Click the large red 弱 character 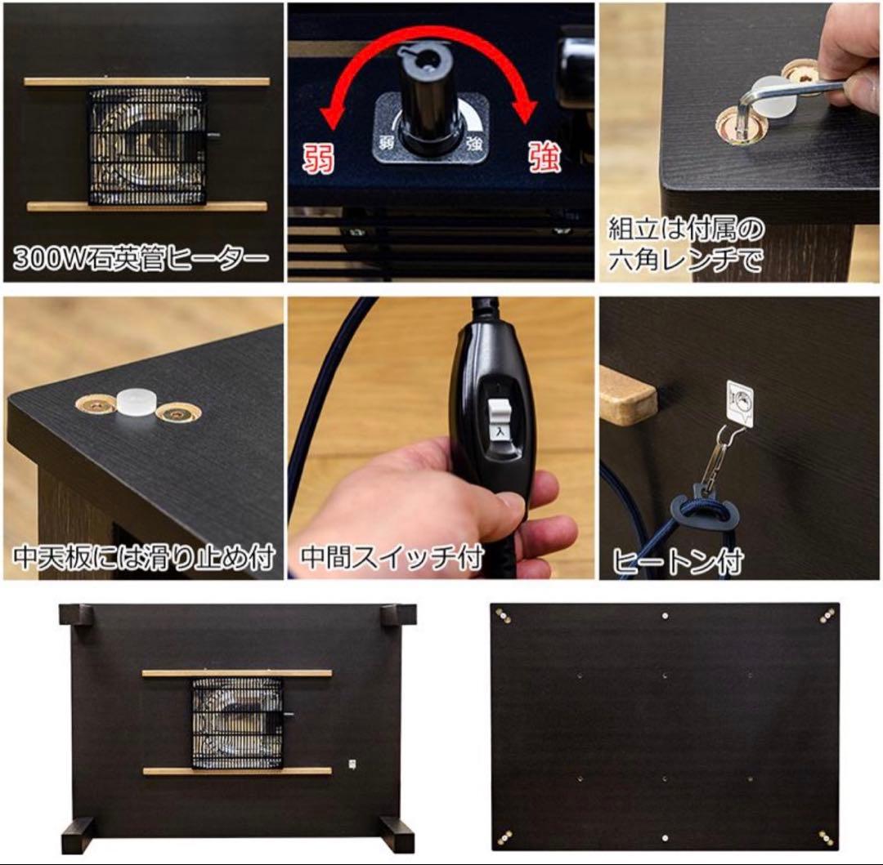[320, 158]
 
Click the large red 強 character [544, 156]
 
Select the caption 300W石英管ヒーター [141, 258]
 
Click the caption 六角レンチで [685, 260]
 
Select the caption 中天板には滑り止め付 [144, 557]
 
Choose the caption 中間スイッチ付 [392, 557]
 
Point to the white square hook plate [740, 402]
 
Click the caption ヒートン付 [678, 560]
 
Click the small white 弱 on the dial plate [387, 142]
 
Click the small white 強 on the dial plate [474, 143]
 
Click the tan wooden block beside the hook [627, 394]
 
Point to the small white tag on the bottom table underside [351, 763]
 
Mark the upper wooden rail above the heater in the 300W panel [146, 82]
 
